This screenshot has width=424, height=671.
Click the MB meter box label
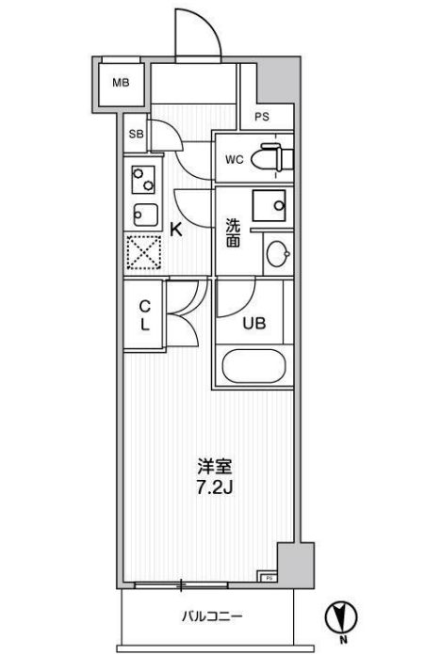tap(122, 84)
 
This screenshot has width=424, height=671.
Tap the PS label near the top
tap(261, 119)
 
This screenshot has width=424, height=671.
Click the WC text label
tap(234, 159)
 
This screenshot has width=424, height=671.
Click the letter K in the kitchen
tap(175, 228)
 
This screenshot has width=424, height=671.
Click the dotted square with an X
tap(143, 252)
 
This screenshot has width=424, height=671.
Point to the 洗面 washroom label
tap(233, 233)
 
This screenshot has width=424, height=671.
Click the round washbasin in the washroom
tap(276, 253)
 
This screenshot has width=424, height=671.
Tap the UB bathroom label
tap(254, 323)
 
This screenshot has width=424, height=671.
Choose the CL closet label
tap(146, 315)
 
